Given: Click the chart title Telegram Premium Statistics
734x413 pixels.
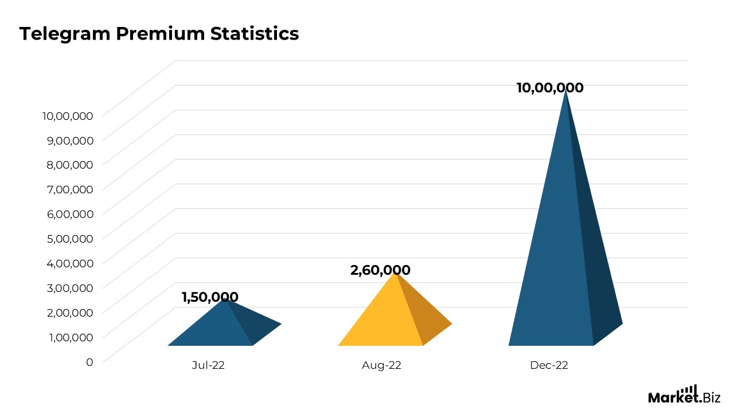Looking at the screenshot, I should (x=159, y=34).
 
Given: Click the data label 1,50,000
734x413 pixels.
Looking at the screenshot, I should (x=210, y=297).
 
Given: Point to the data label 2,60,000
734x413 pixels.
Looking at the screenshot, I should (x=380, y=270).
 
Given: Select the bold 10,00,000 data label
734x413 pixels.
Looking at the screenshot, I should (x=550, y=88).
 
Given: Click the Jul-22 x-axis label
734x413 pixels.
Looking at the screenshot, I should (x=208, y=365).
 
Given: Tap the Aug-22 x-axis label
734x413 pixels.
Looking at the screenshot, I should (x=381, y=365).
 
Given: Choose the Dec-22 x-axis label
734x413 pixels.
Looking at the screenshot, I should (x=549, y=365).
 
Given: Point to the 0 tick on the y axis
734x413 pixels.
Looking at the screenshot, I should (x=89, y=362).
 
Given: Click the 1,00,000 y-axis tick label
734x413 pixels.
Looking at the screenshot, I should (x=68, y=337).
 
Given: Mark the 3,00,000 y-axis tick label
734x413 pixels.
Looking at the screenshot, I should (x=68, y=288).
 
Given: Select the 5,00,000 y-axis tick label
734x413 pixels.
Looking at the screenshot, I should (x=68, y=239).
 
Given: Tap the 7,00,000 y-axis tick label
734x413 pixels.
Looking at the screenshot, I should (x=68, y=189).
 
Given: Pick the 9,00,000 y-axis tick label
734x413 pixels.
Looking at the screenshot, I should (x=68, y=140).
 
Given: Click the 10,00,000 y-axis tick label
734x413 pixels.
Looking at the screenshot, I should (x=68, y=116).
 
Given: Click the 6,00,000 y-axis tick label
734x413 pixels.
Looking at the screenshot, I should (x=68, y=214).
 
